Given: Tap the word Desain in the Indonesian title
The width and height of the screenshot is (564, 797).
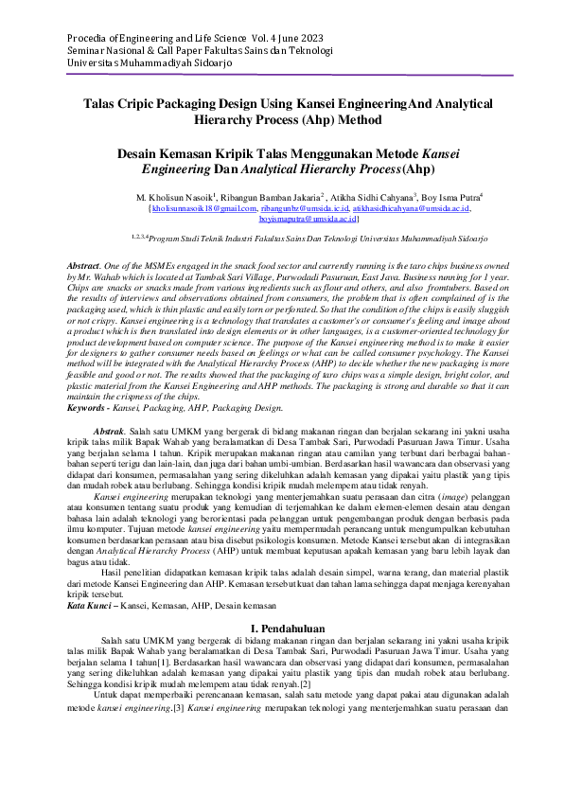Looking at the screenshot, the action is coord(141,152).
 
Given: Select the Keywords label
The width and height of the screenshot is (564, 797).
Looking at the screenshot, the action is coord(96,408).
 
